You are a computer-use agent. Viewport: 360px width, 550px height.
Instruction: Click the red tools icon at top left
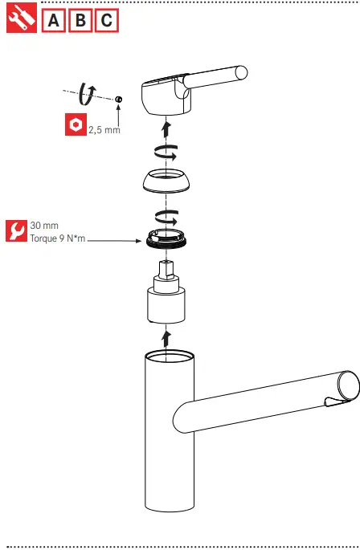tap(21, 20)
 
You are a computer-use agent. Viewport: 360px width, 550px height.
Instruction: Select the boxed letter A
tap(54, 21)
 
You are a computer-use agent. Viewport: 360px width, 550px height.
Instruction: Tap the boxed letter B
tap(80, 21)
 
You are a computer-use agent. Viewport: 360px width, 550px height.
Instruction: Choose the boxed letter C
tap(106, 21)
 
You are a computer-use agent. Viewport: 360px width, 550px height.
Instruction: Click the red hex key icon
tap(75, 125)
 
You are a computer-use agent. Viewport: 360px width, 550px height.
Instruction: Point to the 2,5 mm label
tap(104, 130)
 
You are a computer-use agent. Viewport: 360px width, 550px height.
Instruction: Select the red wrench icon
tap(16, 231)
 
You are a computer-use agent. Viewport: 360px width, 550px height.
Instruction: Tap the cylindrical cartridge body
tap(166, 305)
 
